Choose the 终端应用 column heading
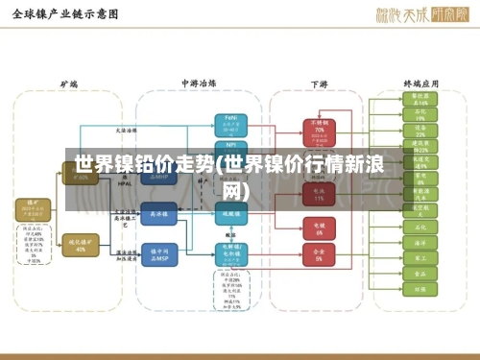(x=420, y=84)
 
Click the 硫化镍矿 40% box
(x=81, y=244)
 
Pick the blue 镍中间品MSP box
(x=159, y=253)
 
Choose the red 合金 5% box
(x=319, y=257)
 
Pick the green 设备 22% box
(x=420, y=131)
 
